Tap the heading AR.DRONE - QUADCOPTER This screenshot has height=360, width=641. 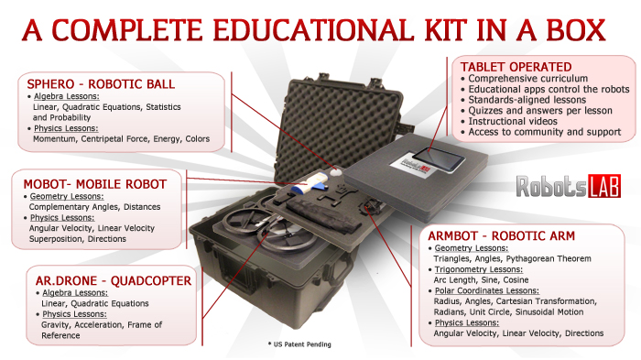[107, 278]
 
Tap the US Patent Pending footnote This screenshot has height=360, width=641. [293, 344]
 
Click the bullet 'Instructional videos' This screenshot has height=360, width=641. [516, 120]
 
